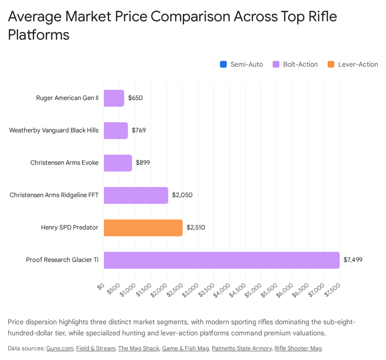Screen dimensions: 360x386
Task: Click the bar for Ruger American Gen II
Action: tap(114, 98)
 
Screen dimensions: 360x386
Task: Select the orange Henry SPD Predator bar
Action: tap(143, 228)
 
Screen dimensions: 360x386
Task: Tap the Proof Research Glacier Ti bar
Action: tap(222, 260)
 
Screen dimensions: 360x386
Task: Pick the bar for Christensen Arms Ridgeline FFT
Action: tap(136, 195)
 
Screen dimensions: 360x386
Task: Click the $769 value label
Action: tap(139, 131)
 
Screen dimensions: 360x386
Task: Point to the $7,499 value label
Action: tap(353, 260)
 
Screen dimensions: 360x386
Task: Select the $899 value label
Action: tap(142, 163)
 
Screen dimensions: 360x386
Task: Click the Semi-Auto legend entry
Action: tap(241, 65)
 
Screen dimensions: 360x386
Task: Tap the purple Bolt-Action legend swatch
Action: tap(276, 65)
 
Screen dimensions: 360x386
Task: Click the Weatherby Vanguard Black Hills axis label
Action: tap(54, 131)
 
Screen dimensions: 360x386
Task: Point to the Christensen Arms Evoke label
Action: tap(64, 163)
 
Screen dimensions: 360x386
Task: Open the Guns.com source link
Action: tap(60, 348)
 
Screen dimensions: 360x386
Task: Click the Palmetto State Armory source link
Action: tap(241, 348)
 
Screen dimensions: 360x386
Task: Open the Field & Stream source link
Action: tap(95, 348)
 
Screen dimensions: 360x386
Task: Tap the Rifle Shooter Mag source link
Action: tap(298, 348)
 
